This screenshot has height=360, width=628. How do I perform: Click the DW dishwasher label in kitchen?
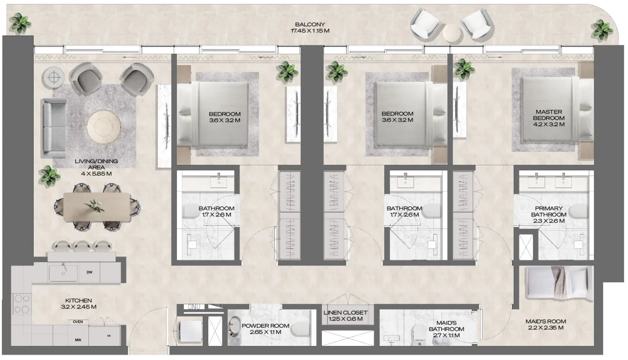(89, 272)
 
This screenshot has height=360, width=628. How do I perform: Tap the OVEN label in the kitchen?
(78, 322)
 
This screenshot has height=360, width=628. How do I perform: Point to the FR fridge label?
(109, 336)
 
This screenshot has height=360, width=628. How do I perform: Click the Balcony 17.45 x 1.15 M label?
(310, 28)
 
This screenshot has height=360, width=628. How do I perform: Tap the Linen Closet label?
(345, 316)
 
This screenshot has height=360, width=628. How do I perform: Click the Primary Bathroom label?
(548, 214)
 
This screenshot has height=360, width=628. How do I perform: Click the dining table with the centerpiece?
(97, 206)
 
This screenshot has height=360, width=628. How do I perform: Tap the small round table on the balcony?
(452, 34)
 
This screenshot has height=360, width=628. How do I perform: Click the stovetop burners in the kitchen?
(22, 303)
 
